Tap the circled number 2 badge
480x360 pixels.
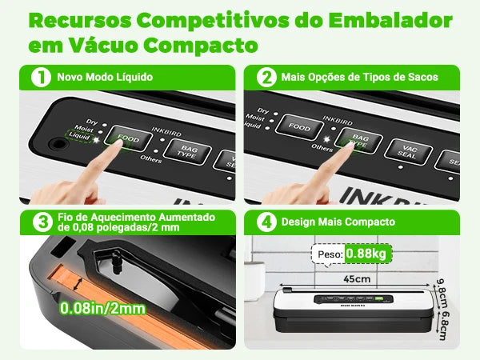point(264,78)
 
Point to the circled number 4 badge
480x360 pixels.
point(264,222)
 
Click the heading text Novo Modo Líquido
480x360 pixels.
point(104,78)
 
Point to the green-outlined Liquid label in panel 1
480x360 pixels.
point(79,137)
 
